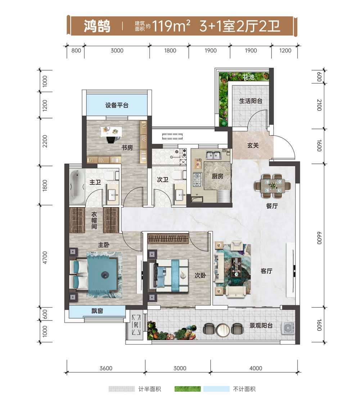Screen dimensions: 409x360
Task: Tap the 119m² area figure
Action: click(x=171, y=26)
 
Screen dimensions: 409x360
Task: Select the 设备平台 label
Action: click(x=117, y=105)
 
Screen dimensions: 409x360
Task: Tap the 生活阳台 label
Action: click(x=251, y=101)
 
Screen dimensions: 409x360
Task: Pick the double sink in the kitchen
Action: click(x=214, y=155)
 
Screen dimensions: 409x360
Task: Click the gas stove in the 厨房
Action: click(x=198, y=179)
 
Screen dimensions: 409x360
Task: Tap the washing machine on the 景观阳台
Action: click(x=288, y=327)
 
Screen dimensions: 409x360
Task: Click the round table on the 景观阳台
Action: click(x=224, y=328)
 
